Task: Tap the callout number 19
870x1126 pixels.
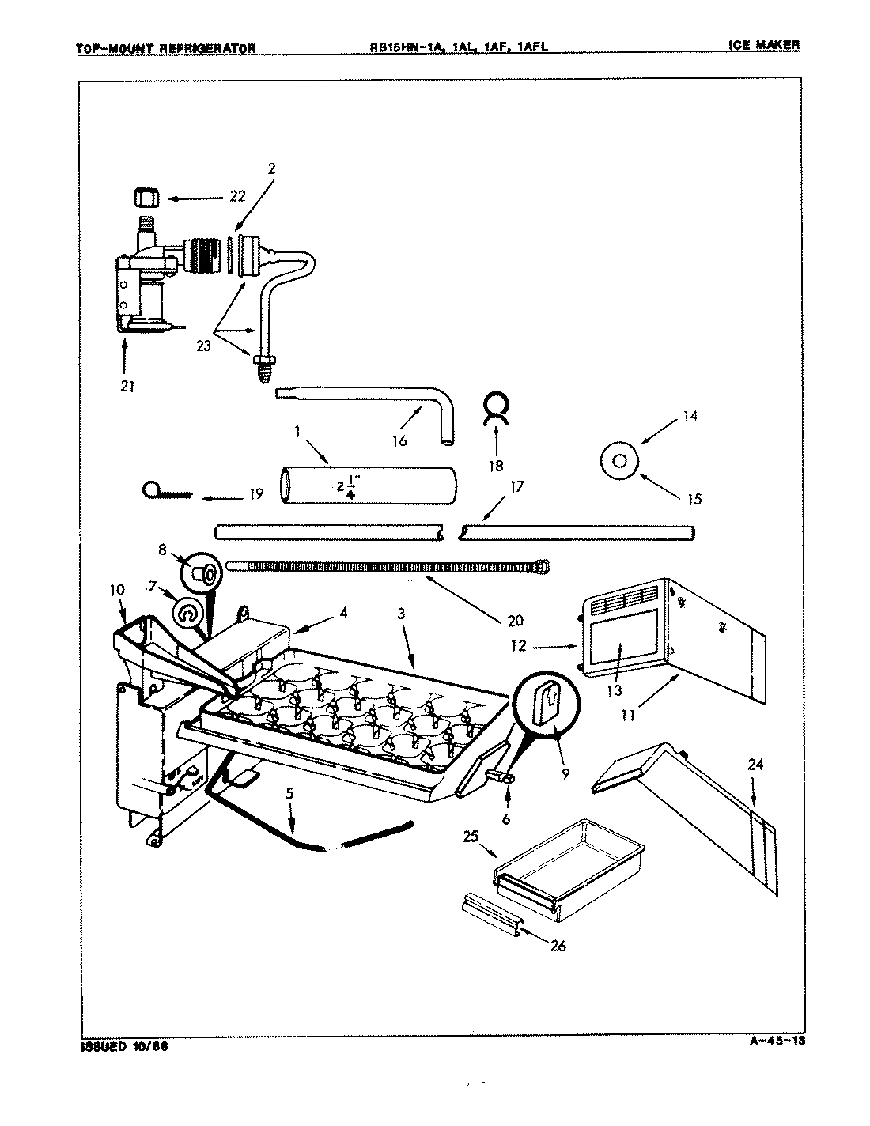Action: click(255, 495)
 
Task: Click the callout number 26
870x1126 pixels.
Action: click(558, 945)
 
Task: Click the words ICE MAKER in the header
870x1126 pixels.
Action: click(764, 45)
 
